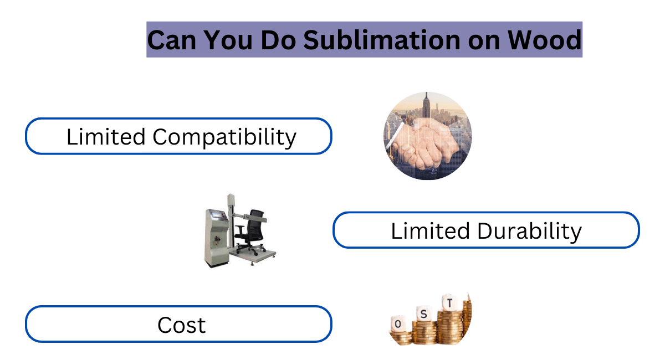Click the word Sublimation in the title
(x=382, y=40)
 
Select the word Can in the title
(x=172, y=40)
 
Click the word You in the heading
(x=228, y=40)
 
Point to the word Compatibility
(x=224, y=137)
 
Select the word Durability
(x=529, y=232)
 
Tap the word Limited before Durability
(x=430, y=230)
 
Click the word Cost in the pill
(x=181, y=325)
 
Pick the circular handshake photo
(x=427, y=136)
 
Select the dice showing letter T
(x=449, y=303)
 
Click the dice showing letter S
(x=423, y=313)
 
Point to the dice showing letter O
(x=398, y=324)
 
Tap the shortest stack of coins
(x=401, y=338)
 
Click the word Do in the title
(x=278, y=40)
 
